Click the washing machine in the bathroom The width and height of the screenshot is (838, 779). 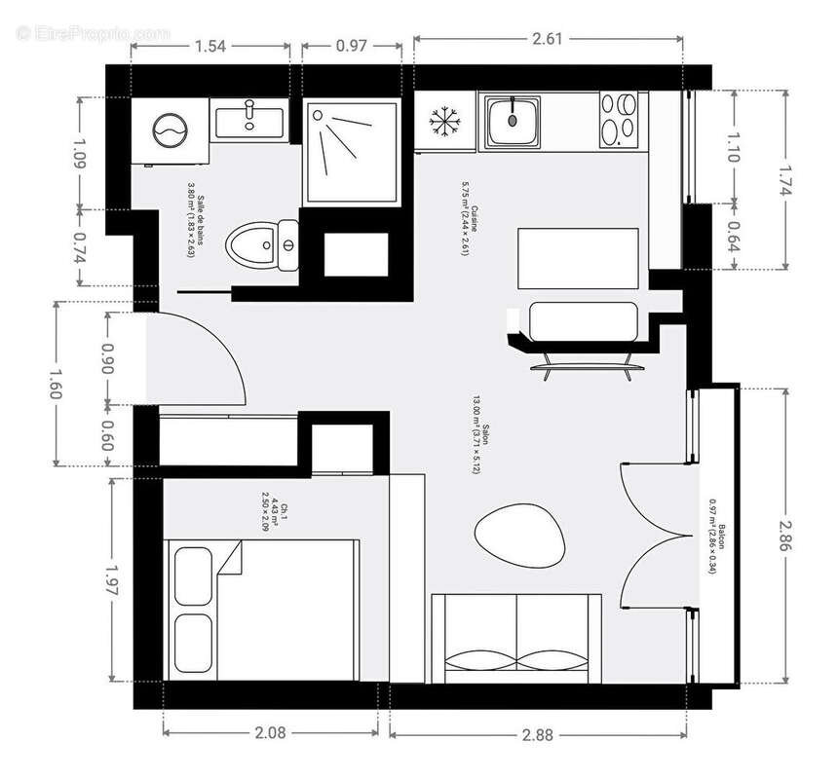171,130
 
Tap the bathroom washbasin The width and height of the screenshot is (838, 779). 249,121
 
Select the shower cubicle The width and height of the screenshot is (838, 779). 351,153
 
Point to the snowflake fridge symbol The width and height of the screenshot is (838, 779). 444,123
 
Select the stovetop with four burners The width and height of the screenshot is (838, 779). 619,119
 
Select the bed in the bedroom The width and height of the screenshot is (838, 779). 263,611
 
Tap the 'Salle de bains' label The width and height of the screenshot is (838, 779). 196,224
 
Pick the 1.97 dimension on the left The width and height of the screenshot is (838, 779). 112,581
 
